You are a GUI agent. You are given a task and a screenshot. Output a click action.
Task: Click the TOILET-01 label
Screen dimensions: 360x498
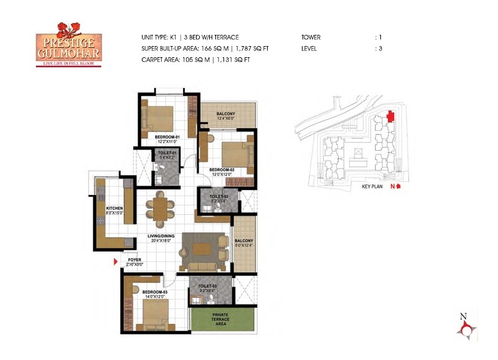[168, 153]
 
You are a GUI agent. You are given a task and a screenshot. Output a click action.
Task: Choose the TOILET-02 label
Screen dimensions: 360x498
[220, 197]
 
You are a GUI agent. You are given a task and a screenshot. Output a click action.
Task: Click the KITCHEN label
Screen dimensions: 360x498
[114, 209]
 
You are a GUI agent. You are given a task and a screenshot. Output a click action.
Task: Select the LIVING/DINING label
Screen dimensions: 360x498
[160, 236]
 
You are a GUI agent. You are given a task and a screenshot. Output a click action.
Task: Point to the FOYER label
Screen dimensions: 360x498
[134, 260]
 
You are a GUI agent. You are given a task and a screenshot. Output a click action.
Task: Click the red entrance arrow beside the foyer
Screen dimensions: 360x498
[115, 262]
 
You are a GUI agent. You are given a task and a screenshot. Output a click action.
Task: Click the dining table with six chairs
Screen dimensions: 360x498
[161, 208]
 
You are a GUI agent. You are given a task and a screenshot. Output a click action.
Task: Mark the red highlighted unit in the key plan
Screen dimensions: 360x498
[390, 116]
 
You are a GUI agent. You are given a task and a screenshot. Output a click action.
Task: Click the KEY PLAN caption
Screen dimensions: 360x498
[374, 186]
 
